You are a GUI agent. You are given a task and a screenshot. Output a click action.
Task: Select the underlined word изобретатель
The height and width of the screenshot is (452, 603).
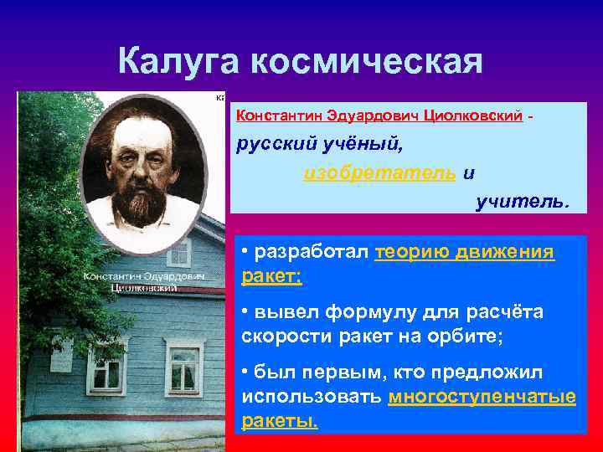(380, 172)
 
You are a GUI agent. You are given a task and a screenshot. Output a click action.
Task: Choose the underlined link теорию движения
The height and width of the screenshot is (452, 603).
(465, 252)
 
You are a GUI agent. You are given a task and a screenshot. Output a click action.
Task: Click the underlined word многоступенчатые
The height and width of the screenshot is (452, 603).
(482, 397)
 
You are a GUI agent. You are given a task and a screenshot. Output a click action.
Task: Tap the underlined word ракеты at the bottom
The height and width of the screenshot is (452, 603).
(280, 420)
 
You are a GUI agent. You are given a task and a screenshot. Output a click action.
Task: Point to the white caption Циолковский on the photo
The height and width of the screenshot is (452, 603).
(145, 287)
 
